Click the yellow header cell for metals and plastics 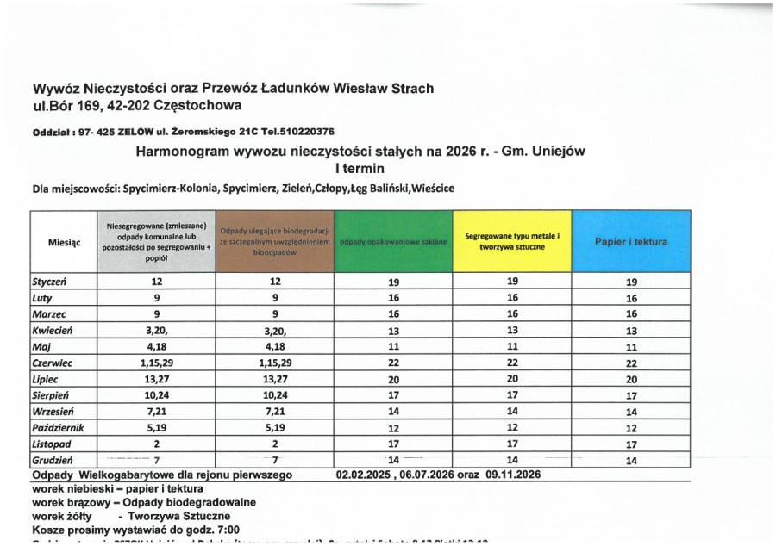point(512,242)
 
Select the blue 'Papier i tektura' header point(631,242)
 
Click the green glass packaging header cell point(393,242)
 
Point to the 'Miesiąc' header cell point(65,243)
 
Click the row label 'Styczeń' point(49,282)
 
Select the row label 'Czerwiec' point(52,363)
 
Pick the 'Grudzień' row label point(51,461)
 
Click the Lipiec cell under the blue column point(631,380)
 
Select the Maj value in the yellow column point(512,347)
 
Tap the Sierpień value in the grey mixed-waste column point(156,396)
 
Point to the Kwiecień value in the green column point(393,331)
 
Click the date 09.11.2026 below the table point(516,475)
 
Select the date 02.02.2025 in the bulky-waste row point(365,475)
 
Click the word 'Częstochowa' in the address point(200,106)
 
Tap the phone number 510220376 point(304,132)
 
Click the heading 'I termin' point(360,168)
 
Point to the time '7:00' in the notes point(223,530)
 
